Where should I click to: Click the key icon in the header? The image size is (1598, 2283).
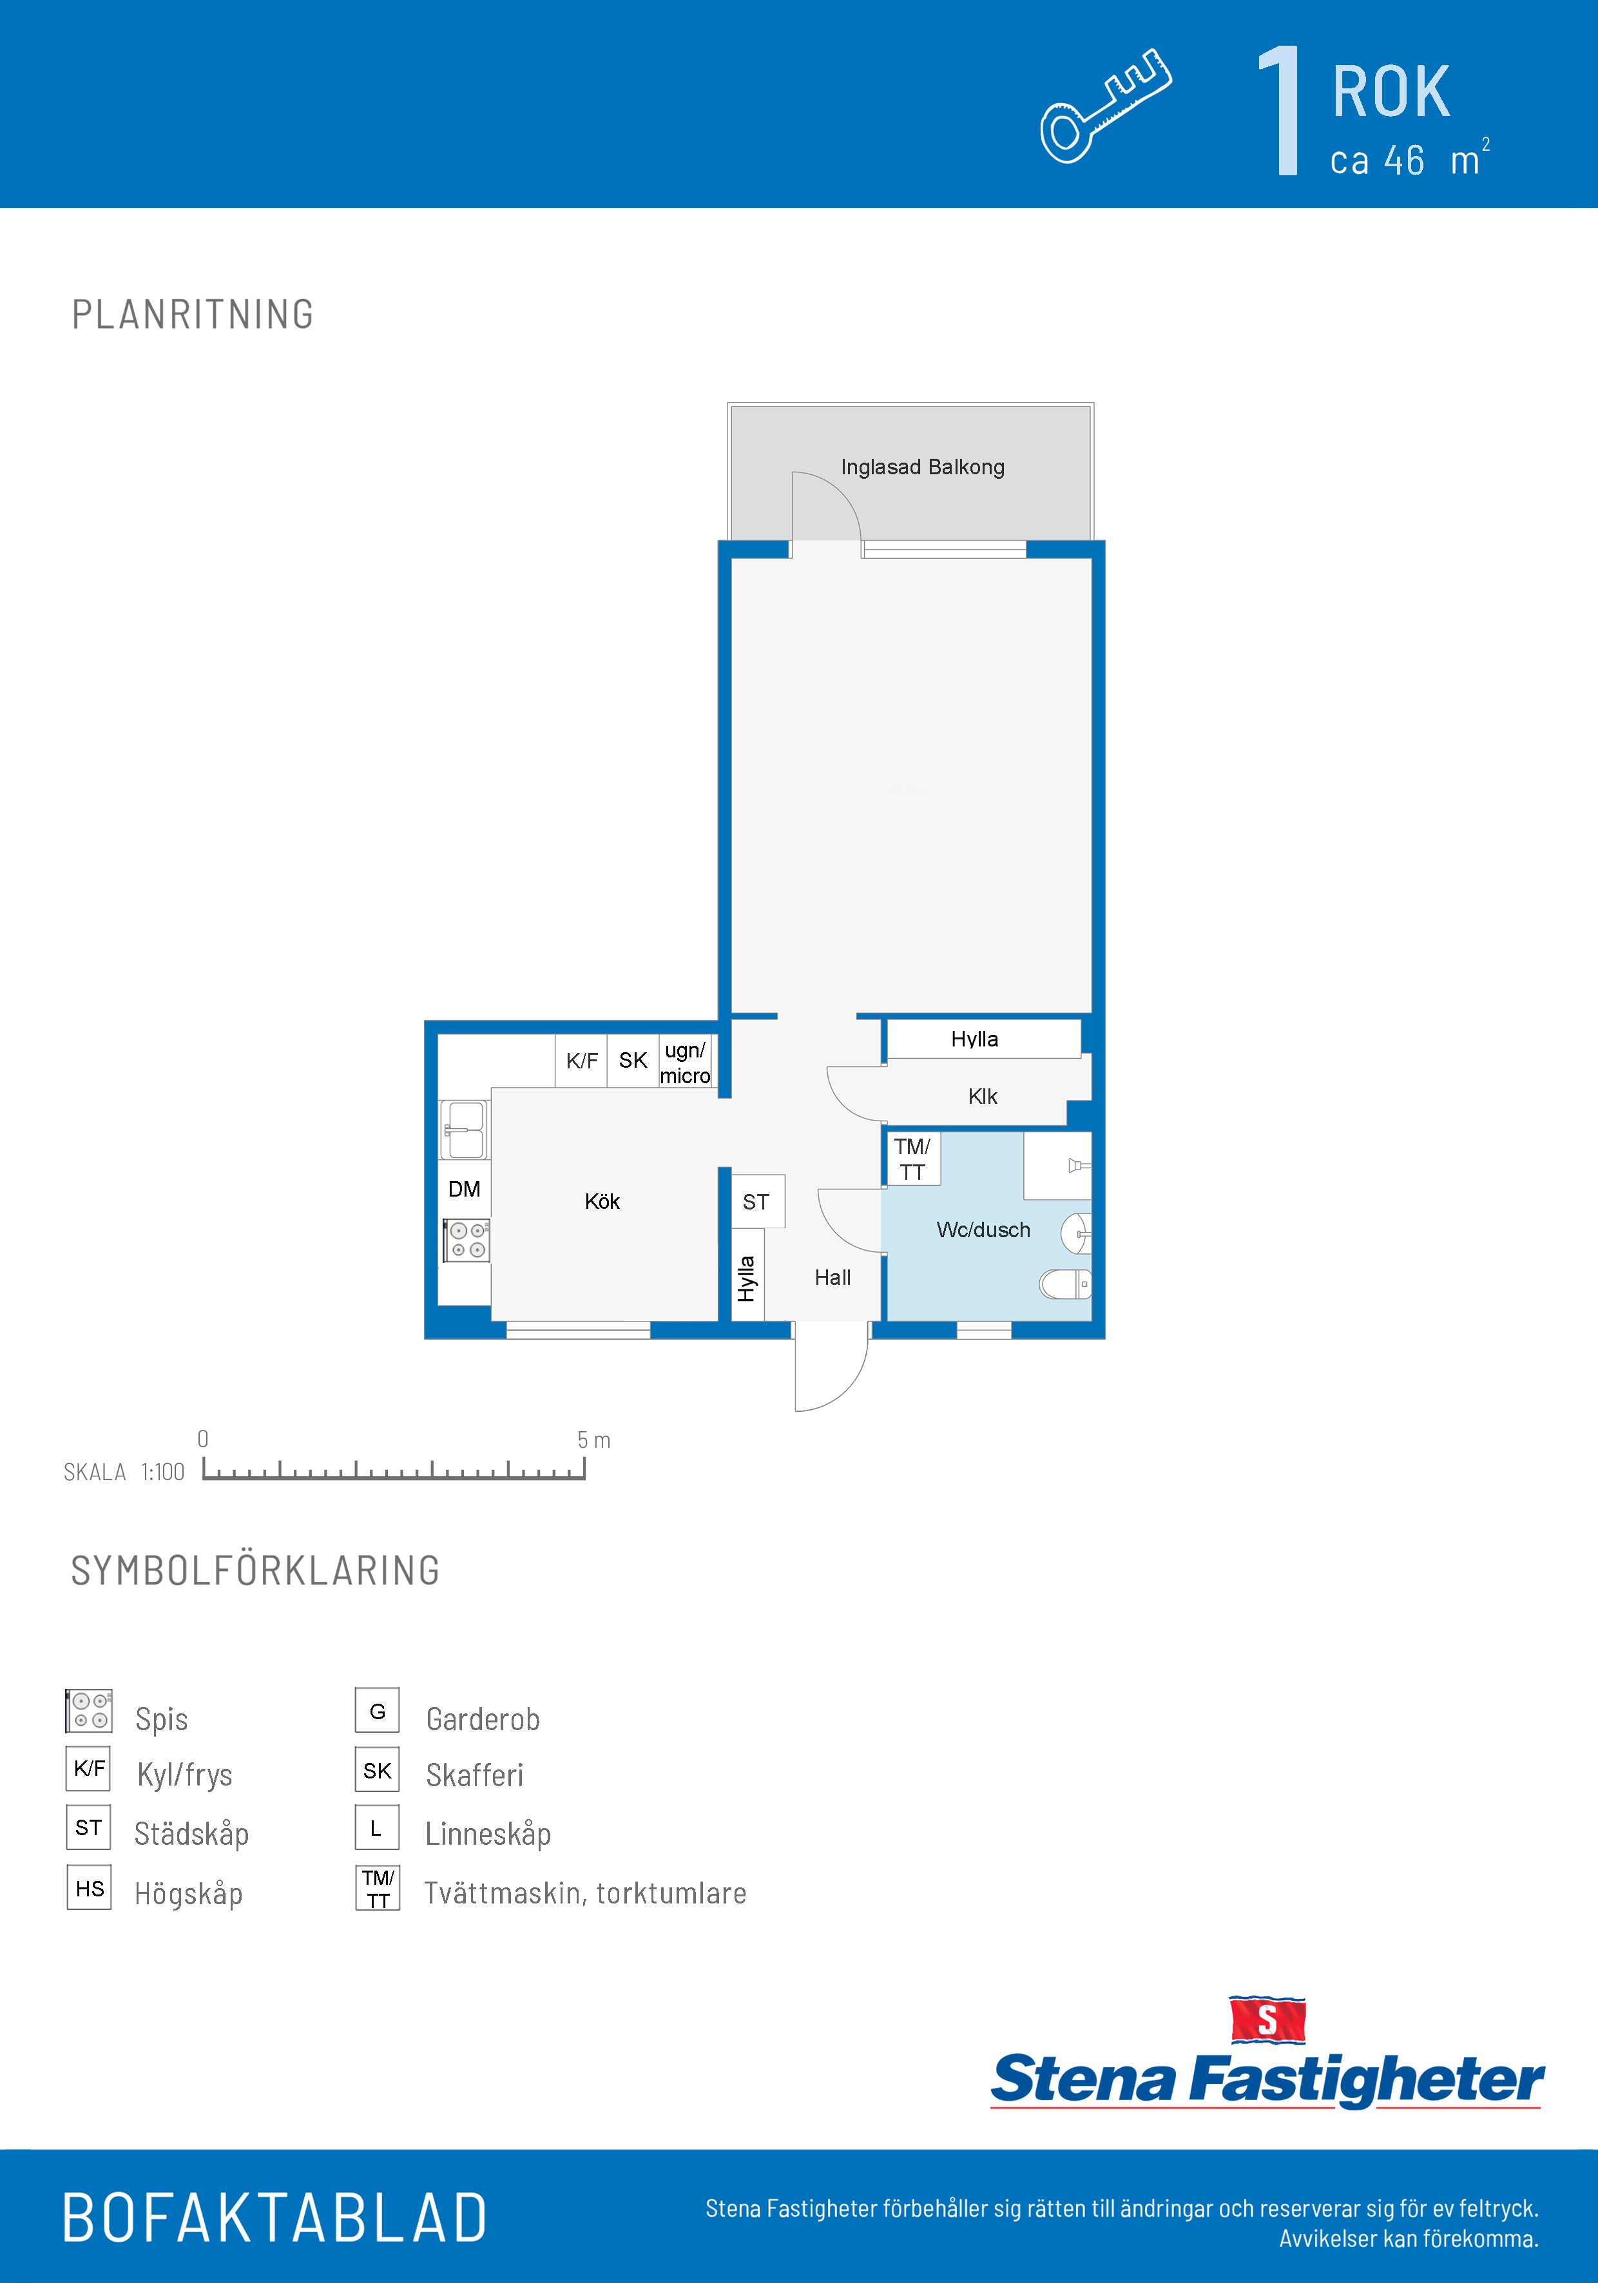pyautogui.click(x=1106, y=106)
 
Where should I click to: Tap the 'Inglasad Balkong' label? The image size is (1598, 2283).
pyautogui.click(x=922, y=467)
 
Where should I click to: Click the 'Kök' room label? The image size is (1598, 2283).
pyautogui.click(x=602, y=1201)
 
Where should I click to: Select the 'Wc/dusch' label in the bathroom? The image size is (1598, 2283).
pyautogui.click(x=983, y=1230)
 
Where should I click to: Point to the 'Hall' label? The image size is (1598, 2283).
pyautogui.click(x=833, y=1278)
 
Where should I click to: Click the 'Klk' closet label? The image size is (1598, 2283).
pyautogui.click(x=983, y=1097)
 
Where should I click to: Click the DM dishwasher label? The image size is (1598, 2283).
pyautogui.click(x=465, y=1190)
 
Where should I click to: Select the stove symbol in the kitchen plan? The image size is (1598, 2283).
pyautogui.click(x=465, y=1240)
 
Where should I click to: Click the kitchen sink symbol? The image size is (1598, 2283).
pyautogui.click(x=465, y=1130)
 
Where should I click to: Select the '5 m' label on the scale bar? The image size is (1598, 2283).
pyautogui.click(x=593, y=1440)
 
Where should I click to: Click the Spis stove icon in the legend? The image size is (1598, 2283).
pyautogui.click(x=88, y=1710)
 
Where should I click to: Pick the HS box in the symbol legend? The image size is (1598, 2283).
pyautogui.click(x=90, y=1888)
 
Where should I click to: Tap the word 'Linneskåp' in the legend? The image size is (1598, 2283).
pyautogui.click(x=488, y=1834)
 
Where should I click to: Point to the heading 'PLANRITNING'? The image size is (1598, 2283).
pyautogui.click(x=193, y=314)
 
